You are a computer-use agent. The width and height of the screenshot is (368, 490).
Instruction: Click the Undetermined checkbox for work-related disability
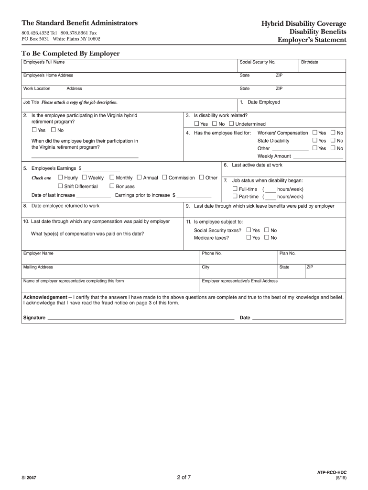point(231,124)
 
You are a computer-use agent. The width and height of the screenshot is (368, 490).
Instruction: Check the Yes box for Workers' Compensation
point(314,133)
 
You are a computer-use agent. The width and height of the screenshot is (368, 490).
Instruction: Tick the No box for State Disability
point(333,140)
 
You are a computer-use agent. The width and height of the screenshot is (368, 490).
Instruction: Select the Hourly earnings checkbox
point(60,178)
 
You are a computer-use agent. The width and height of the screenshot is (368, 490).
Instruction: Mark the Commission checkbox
point(164,178)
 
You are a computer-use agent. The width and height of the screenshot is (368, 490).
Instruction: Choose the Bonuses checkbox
point(112,186)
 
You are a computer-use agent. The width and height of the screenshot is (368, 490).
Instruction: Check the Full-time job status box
point(235,189)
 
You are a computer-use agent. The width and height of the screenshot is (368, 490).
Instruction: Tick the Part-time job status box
point(235,196)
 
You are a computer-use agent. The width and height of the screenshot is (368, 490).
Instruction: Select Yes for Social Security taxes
point(249,230)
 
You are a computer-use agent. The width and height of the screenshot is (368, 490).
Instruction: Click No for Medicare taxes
point(267,238)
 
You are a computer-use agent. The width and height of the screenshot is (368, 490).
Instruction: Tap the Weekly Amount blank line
point(318,156)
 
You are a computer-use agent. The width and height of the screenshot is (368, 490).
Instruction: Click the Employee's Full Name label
point(44,62)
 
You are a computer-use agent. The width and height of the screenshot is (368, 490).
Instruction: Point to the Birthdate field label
point(309,62)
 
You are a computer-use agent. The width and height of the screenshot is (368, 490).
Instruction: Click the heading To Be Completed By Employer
point(70,53)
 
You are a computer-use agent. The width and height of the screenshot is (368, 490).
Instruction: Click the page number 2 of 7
point(184,477)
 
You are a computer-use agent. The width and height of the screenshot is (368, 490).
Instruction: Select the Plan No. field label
point(288,253)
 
